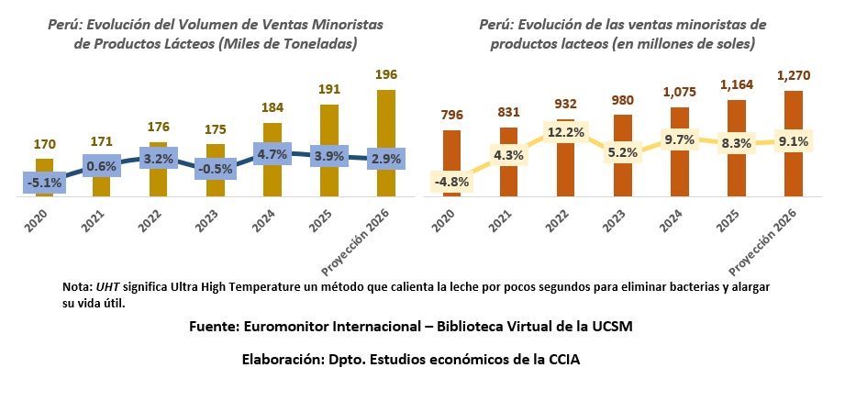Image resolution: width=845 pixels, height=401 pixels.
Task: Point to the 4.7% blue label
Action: coord(272,154)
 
